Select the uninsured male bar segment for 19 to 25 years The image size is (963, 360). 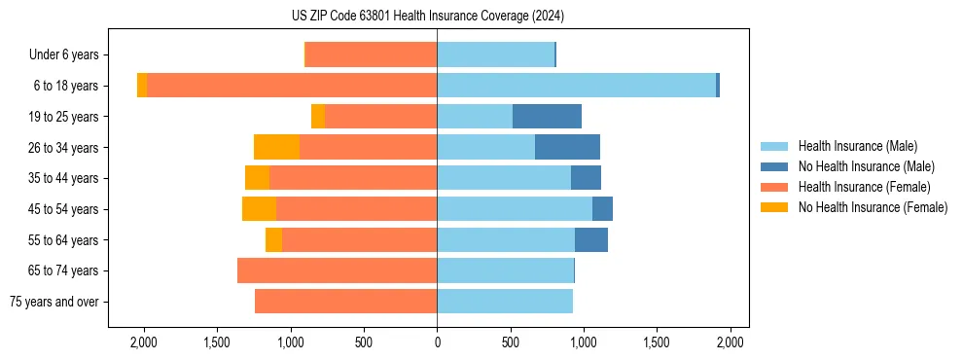pos(547,117)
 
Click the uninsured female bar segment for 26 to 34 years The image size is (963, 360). pos(276,147)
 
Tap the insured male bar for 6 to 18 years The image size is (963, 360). pos(576,86)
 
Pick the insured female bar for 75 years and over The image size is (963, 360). pos(345,302)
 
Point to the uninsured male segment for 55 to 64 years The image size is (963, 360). pos(591,239)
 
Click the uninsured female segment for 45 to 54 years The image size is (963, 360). pos(259,209)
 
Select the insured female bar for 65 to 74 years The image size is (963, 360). pos(337,270)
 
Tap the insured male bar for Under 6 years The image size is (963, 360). pos(495,54)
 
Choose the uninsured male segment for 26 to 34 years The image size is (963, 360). pos(567,147)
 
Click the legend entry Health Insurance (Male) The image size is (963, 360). pos(857,146)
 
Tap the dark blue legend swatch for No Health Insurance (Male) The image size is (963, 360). pos(774,166)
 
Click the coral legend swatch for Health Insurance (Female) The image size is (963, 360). pos(774,187)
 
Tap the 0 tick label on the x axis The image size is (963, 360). pos(437,342)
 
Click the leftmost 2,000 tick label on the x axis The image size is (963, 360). pos(144,342)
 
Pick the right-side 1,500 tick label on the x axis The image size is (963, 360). pos(657,342)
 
